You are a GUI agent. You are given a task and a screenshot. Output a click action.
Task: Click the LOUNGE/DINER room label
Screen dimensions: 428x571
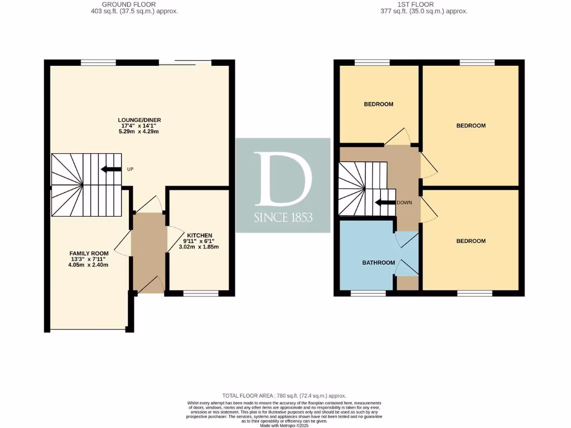pos(139,120)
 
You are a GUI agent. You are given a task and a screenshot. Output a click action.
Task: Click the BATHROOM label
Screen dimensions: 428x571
pos(379,262)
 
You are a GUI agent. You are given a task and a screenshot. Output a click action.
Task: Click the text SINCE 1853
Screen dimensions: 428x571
pos(283,218)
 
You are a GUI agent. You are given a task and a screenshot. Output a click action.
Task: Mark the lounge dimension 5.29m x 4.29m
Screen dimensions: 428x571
pos(139,132)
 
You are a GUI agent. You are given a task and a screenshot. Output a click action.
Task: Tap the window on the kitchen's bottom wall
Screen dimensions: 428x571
pos(201,292)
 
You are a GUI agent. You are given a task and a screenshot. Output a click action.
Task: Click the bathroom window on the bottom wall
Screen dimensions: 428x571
pos(368,292)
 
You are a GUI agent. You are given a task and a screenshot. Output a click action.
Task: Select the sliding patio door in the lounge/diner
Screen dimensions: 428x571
pos(192,61)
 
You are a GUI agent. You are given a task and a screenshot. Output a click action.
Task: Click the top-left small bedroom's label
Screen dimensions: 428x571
pos(379,104)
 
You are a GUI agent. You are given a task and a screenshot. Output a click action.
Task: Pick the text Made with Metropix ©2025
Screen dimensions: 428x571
pos(284,425)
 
